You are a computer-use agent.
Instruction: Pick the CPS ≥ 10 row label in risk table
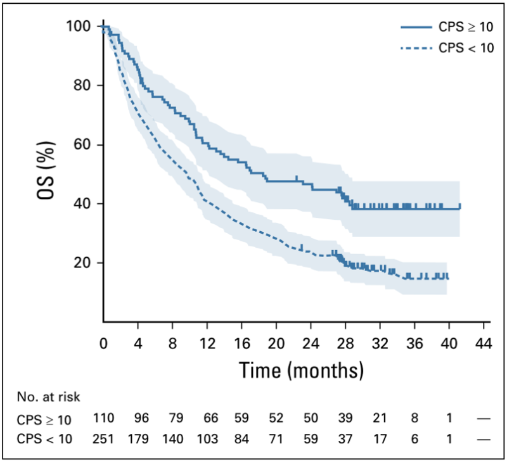click(x=44, y=419)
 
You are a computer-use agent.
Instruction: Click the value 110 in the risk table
click(x=103, y=419)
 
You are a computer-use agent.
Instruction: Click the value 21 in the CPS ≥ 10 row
click(x=380, y=419)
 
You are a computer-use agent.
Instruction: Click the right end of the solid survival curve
click(x=459, y=206)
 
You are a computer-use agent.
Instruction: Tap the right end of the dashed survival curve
click(x=447, y=277)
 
